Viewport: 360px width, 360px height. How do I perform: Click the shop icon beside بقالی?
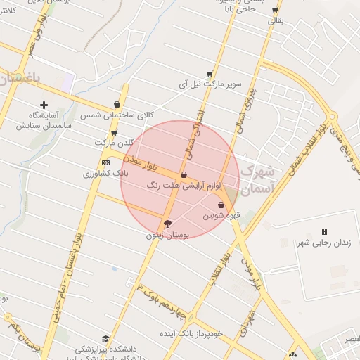tap(275, 10)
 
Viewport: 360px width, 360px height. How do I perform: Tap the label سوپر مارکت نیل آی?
tap(210, 84)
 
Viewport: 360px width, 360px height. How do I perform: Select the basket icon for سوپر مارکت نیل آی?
tap(210, 73)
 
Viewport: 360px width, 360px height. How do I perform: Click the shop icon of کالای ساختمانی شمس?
tap(117, 104)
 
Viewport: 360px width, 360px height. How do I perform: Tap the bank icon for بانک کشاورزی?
tap(105, 162)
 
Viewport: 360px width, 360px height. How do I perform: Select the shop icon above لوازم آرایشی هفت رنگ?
tap(184, 174)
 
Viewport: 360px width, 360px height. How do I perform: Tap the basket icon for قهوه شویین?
tap(221, 205)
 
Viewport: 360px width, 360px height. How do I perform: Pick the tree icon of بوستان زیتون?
tap(167, 224)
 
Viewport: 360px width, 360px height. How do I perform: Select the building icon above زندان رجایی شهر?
tap(324, 231)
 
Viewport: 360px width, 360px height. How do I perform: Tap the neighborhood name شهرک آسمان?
tap(258, 181)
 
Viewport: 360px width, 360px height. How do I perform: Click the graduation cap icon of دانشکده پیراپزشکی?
tap(105, 338)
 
